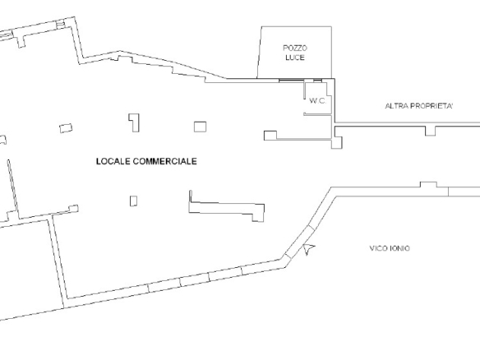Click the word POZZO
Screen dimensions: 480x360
(295, 48)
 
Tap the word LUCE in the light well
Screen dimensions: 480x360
(295, 58)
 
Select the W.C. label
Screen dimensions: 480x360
(317, 101)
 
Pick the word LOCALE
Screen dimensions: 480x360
(113, 161)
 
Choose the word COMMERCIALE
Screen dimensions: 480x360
(165, 161)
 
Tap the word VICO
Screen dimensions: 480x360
(377, 248)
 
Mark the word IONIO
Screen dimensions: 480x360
(399, 248)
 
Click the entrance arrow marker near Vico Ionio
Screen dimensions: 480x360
(308, 248)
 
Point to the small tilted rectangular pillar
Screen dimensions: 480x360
(66, 128)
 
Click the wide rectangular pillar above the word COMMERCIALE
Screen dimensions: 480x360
(200, 127)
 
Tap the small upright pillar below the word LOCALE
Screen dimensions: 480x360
(133, 201)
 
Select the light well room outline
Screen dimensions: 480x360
(331, 52)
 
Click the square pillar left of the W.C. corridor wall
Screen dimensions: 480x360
(270, 136)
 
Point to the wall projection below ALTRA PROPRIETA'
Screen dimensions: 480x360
(431, 131)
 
